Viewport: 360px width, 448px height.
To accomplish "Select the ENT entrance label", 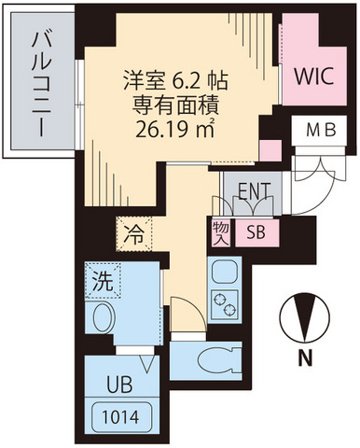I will [254, 191].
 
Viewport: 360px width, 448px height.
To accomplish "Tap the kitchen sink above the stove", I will [225, 272].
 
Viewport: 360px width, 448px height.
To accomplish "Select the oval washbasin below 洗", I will [104, 316].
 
